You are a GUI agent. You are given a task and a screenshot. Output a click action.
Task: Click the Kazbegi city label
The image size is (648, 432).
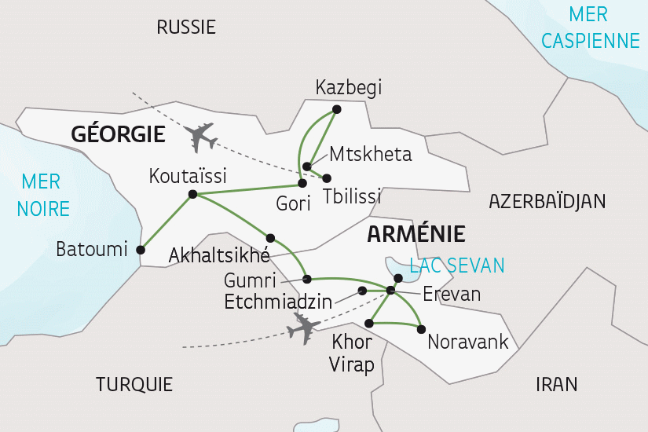(x=348, y=88)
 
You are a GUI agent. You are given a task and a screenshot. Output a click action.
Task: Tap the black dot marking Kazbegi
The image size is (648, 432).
(x=336, y=109)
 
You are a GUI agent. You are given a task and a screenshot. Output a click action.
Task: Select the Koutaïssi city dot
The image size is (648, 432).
(x=192, y=195)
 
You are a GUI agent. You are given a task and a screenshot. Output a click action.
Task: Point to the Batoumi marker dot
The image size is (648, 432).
(x=141, y=250)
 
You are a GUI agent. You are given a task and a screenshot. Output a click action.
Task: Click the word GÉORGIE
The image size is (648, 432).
(x=118, y=134)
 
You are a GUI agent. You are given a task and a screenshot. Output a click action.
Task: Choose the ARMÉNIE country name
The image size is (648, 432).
(x=416, y=234)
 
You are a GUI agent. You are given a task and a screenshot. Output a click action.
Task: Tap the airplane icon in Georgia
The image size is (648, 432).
(x=203, y=137)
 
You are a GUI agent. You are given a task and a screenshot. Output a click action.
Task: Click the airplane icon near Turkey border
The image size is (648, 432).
(x=303, y=327)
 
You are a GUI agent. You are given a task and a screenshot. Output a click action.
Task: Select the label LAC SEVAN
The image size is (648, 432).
(x=457, y=265)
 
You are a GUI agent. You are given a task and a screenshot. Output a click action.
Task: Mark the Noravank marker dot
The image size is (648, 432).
(x=422, y=328)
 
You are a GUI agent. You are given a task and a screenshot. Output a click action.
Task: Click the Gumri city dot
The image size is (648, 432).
(x=307, y=279)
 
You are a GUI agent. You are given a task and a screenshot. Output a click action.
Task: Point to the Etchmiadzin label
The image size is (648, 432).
(x=276, y=301)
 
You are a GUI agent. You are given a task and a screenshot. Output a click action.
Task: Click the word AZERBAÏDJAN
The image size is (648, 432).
(x=547, y=201)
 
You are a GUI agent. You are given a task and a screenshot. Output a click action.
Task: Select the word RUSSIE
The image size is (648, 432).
(x=186, y=27)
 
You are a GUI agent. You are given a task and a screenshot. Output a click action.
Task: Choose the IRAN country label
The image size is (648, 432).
(x=556, y=384)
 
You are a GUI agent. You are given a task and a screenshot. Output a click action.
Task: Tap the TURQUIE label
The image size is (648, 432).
(x=134, y=384)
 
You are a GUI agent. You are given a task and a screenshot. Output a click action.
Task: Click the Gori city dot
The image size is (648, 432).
(x=302, y=184)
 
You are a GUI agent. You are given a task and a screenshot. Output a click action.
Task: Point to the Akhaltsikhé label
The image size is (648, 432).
(x=219, y=255)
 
